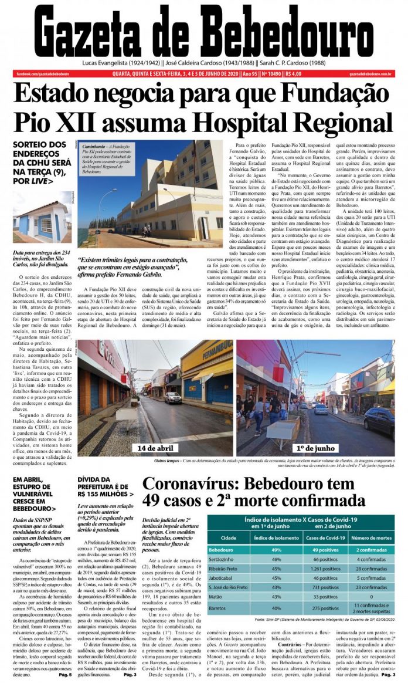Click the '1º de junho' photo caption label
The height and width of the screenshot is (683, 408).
click(310, 448)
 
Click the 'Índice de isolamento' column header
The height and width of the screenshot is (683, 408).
click(270, 537)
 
